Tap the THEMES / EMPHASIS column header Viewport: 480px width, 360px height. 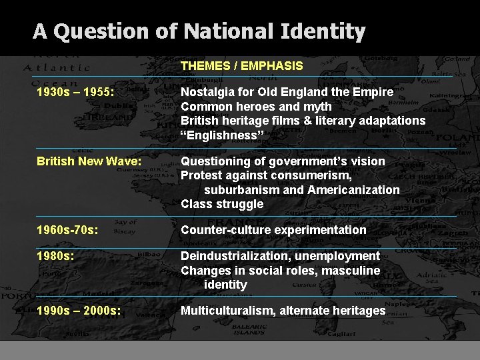[x=241, y=66]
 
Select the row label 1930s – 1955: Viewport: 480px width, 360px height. [x=75, y=92]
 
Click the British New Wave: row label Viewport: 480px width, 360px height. [x=89, y=161]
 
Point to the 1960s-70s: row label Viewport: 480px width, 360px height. [x=68, y=230]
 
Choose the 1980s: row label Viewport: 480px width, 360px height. [x=55, y=256]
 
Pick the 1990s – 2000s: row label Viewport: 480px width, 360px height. [x=79, y=311]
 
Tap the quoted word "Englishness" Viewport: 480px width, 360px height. [x=223, y=135]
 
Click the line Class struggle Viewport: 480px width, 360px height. [x=222, y=204]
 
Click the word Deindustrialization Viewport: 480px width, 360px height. [x=233, y=256]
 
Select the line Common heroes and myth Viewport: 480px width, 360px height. [x=256, y=107]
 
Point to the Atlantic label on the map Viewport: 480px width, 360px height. [x=57, y=67]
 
